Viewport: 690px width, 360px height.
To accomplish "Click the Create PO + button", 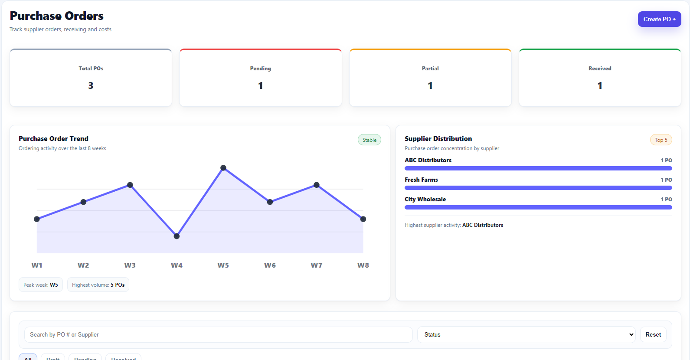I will click(659, 19).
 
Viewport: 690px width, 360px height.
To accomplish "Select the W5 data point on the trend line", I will click(223, 168).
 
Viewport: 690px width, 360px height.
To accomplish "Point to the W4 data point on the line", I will click(177, 236).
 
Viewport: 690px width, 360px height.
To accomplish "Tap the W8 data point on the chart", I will click(363, 219).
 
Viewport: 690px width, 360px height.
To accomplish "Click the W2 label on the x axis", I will click(83, 265).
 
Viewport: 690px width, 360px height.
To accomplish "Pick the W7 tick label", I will click(316, 265).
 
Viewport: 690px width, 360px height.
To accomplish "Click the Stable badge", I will click(370, 140).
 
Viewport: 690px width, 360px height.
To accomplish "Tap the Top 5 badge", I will click(661, 140).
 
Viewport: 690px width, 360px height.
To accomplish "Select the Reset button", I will click(653, 334).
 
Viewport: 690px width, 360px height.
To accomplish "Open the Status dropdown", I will click(526, 334).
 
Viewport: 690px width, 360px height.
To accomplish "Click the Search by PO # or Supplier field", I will click(218, 334).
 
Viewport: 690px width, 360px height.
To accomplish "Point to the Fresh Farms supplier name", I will click(421, 180).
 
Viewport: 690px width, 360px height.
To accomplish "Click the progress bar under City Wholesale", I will click(538, 207).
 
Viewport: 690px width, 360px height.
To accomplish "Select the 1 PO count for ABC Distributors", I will click(666, 160).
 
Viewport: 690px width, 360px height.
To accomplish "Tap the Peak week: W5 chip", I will click(41, 285).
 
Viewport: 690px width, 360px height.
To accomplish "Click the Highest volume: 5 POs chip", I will click(98, 285).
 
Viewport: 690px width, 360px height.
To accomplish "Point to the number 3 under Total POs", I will click(91, 85).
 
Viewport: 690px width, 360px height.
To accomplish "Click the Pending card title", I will click(260, 69).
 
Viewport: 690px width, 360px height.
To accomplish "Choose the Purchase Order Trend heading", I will click(53, 139).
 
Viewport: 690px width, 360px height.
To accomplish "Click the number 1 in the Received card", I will click(600, 85).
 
